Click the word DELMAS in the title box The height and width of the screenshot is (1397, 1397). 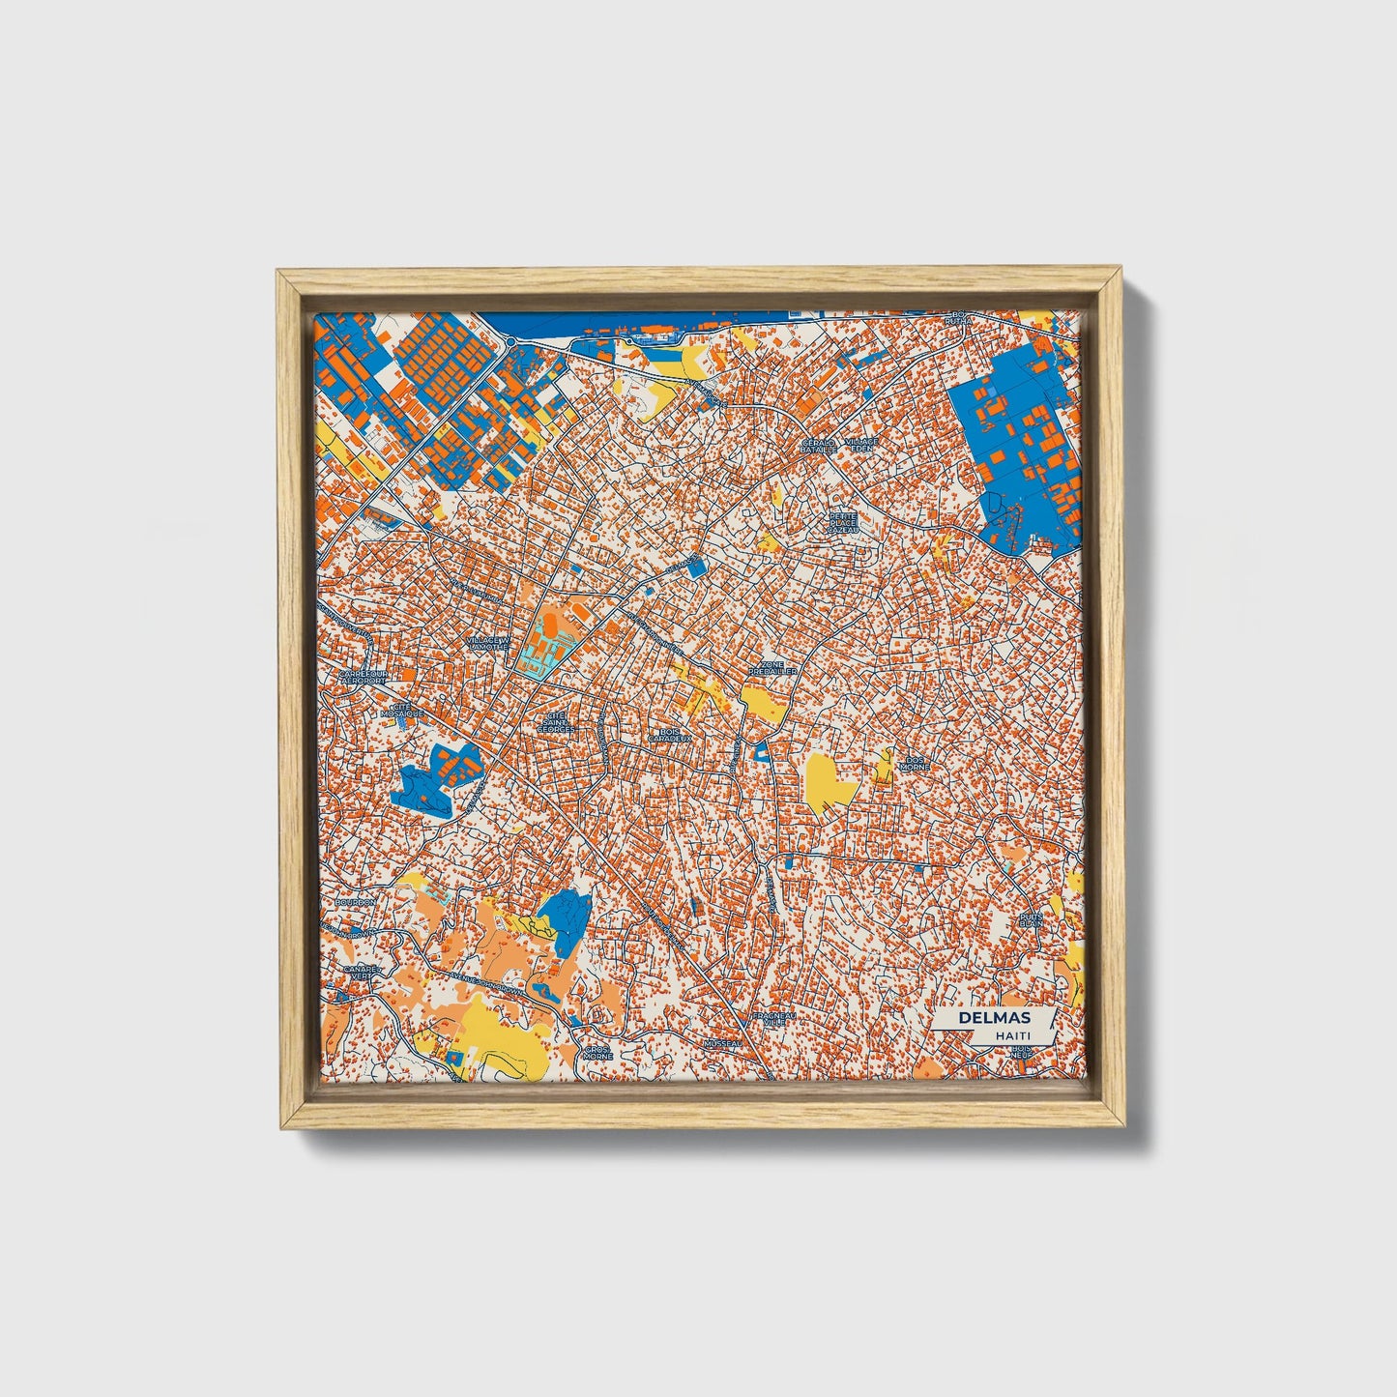pos(994,1018)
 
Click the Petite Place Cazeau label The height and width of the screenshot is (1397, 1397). pos(843,523)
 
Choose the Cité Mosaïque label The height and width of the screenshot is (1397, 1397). pos(402,709)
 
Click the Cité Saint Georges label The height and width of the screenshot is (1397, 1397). pos(555,723)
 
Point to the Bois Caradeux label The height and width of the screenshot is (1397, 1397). pos(670,735)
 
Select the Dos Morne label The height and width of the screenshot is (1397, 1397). pos(914,763)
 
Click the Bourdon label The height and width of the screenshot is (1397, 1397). pos(355,902)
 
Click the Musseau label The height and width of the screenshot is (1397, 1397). pos(721,1044)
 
